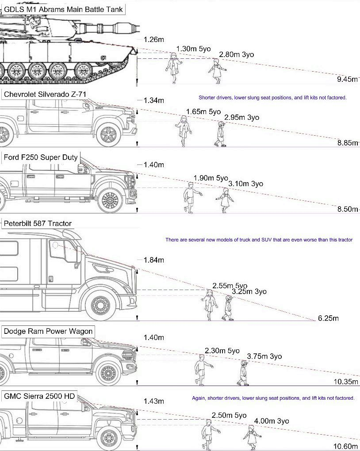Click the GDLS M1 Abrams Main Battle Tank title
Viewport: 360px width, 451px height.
[63, 9]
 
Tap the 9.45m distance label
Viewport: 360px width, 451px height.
[347, 80]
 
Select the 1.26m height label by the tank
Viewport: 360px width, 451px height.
[154, 39]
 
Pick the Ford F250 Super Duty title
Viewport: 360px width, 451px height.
[41, 157]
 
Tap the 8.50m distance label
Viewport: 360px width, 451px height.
[347, 209]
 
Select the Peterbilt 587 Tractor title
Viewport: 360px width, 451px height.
[38, 224]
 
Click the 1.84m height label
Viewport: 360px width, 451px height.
[154, 260]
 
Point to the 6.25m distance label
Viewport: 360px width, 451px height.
[328, 318]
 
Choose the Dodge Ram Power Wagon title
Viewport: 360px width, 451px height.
[48, 331]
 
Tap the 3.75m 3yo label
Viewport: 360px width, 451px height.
[264, 356]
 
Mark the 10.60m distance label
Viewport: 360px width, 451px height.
[346, 446]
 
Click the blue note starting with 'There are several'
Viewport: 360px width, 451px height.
[259, 240]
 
